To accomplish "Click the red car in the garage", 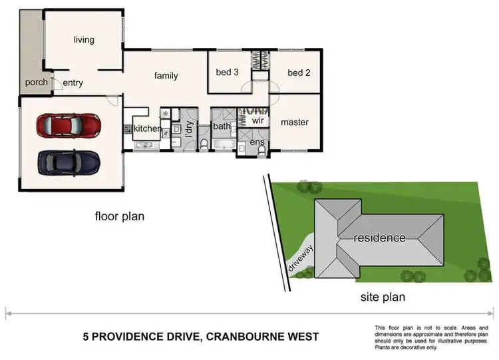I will (x=69, y=124).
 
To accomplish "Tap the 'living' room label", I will (x=84, y=40).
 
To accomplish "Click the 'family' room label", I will (x=166, y=76).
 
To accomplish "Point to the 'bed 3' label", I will (x=228, y=73).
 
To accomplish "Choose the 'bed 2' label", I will (x=299, y=73).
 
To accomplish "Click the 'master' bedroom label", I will (x=294, y=122).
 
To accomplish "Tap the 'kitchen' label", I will (x=148, y=128).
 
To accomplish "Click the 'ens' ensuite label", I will (x=257, y=142).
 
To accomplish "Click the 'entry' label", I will (x=73, y=83).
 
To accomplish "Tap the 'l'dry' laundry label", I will (x=188, y=126).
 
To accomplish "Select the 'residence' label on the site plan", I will (x=379, y=238).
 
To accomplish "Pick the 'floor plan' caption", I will (x=119, y=216).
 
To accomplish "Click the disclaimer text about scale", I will (x=432, y=337).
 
